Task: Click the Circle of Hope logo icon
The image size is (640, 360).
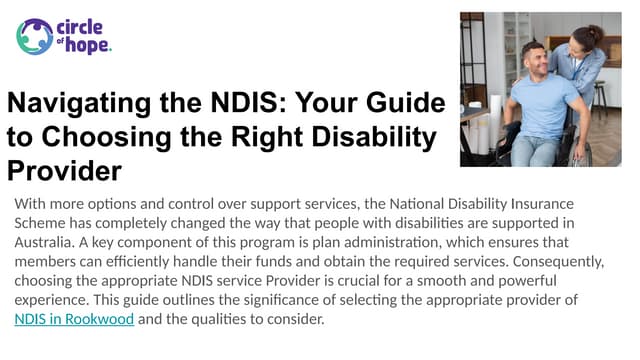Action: pyautogui.click(x=35, y=37)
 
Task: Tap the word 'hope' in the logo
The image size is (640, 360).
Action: pyautogui.click(x=87, y=46)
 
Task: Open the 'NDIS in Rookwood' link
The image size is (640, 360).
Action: pyautogui.click(x=74, y=320)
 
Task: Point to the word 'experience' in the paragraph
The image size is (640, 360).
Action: pyautogui.click(x=51, y=300)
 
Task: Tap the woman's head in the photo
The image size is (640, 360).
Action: pyautogui.click(x=584, y=40)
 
